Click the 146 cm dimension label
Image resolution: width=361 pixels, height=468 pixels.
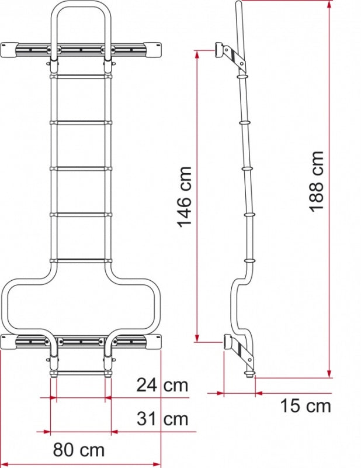(x=185, y=197)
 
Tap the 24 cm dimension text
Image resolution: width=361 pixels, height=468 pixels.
(x=162, y=385)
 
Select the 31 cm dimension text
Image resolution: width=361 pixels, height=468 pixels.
(x=162, y=418)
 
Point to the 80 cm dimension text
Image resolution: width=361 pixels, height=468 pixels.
(x=79, y=450)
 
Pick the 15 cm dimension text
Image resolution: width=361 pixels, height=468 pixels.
(x=306, y=406)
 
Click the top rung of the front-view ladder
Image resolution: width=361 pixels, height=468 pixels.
(x=81, y=77)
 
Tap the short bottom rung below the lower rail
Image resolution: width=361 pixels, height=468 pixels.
(x=81, y=373)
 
